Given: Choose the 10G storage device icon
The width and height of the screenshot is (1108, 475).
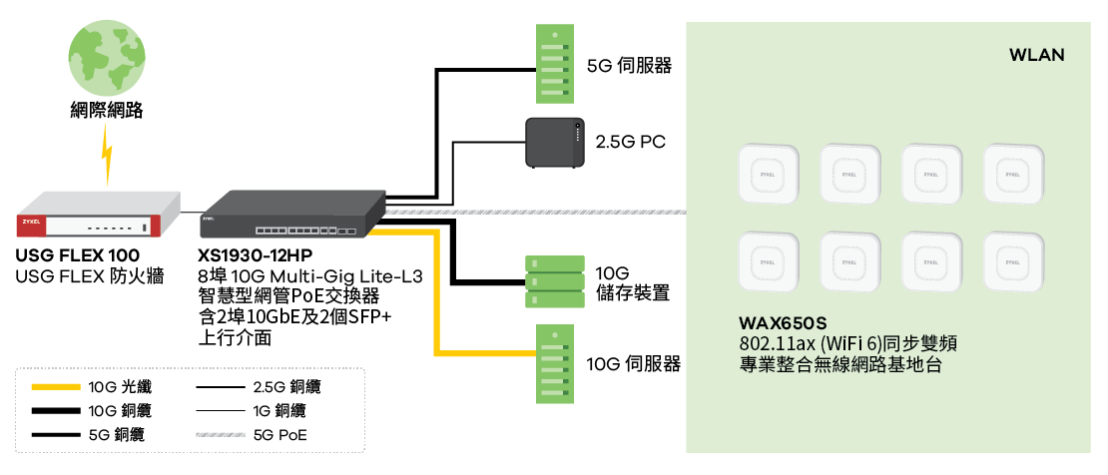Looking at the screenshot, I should [x=554, y=283].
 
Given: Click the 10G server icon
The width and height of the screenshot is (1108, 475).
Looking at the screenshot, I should [x=553, y=363].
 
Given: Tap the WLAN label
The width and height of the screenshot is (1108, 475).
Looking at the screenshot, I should [x=1036, y=55].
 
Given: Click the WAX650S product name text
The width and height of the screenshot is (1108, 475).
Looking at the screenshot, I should [x=783, y=323].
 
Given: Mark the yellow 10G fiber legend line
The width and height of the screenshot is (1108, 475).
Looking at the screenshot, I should [x=55, y=385].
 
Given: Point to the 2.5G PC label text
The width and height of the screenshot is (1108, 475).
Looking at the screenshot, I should [x=630, y=143].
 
